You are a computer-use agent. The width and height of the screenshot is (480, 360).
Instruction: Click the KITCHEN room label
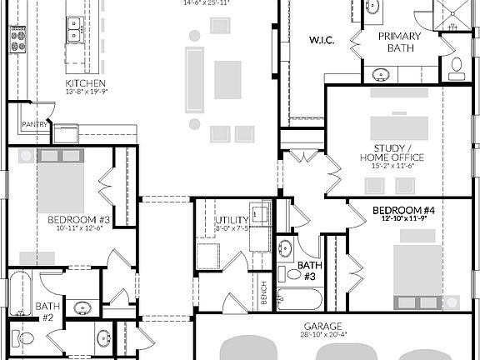click(x=85, y=83)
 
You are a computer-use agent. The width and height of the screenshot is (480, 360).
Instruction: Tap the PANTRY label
click(x=33, y=125)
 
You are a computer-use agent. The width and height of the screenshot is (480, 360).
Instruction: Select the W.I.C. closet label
click(x=322, y=40)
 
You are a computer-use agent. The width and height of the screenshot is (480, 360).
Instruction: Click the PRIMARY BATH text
click(x=399, y=42)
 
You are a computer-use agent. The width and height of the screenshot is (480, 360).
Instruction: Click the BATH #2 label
click(x=44, y=312)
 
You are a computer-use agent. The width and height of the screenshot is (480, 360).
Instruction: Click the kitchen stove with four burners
click(x=18, y=39)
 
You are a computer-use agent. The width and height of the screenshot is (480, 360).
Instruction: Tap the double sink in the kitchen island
click(x=73, y=31)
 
